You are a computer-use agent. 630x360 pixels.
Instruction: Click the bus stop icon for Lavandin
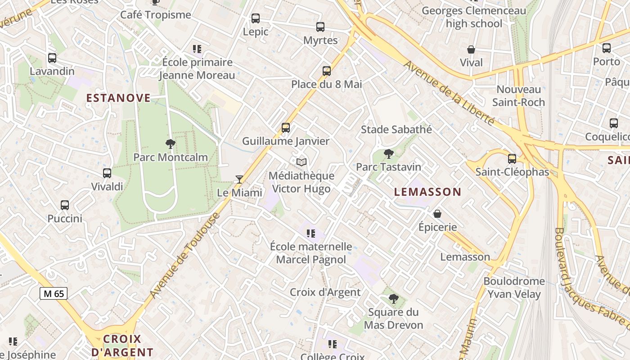[x=52, y=58]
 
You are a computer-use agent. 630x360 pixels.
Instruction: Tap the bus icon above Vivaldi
[x=107, y=173]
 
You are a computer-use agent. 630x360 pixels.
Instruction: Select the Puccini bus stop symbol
[x=65, y=205]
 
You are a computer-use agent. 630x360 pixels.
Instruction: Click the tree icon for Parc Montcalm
[x=170, y=144]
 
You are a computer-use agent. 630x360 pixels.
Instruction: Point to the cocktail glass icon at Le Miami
[x=239, y=180]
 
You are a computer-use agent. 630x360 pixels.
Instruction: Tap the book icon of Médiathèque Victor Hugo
[x=301, y=162]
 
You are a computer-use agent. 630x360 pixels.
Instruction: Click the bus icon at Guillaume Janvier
[x=286, y=128]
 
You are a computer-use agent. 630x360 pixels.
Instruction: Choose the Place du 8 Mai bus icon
[x=327, y=71]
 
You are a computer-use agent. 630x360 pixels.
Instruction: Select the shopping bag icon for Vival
[x=471, y=49]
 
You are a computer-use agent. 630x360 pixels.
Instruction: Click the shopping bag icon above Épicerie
[x=437, y=214]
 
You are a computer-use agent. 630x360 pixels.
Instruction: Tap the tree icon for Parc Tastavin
[x=388, y=154]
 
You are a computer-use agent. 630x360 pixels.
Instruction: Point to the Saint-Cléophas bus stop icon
[x=512, y=159]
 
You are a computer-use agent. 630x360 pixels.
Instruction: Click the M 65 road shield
[x=54, y=294]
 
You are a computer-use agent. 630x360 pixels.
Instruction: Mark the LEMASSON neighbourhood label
[x=427, y=192]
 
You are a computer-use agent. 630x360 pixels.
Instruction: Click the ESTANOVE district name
[x=118, y=98]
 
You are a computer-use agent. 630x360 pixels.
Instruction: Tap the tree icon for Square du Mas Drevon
[x=393, y=299]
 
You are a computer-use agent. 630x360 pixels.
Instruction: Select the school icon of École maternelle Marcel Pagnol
[x=311, y=234]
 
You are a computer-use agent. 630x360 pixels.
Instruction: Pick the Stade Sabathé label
[x=396, y=130]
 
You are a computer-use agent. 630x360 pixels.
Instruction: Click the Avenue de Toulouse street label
[x=185, y=255]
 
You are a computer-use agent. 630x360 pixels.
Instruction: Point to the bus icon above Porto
[x=607, y=48]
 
